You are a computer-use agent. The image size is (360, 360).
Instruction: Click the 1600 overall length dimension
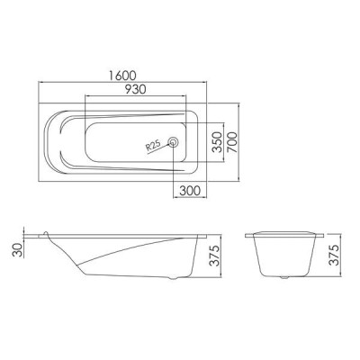click(x=122, y=75)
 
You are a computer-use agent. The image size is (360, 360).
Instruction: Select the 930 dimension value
click(x=135, y=89)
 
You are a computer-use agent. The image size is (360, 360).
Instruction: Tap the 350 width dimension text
click(x=217, y=142)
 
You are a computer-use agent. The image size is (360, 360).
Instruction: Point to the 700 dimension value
click(x=232, y=142)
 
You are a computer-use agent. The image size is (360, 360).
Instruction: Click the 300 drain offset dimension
click(x=190, y=190)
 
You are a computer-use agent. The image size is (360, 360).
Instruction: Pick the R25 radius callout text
click(x=153, y=145)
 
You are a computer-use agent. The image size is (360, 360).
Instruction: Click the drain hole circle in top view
click(x=174, y=142)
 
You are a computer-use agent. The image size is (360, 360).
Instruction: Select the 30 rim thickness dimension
click(x=18, y=249)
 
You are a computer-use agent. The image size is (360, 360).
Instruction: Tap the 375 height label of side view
click(x=214, y=256)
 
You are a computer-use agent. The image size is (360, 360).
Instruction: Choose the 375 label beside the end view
click(x=334, y=255)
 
